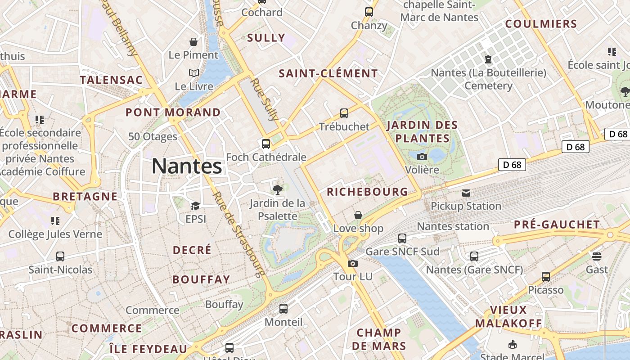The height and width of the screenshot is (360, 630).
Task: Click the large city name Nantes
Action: click(187, 166)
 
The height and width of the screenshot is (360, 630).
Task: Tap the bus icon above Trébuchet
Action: click(344, 113)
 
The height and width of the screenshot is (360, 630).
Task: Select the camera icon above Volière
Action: click(422, 157)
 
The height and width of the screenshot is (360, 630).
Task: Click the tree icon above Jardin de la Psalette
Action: click(278, 189)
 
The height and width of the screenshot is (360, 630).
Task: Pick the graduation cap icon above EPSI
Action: click(195, 206)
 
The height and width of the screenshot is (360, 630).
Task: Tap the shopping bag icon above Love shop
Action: click(358, 215)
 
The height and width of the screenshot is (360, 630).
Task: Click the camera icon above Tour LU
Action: click(353, 263)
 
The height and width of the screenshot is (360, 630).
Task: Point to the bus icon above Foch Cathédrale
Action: click(266, 144)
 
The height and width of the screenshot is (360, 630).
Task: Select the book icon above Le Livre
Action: click(193, 73)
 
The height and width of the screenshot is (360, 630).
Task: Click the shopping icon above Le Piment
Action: click(193, 42)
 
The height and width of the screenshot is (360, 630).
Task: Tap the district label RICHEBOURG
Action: click(367, 192)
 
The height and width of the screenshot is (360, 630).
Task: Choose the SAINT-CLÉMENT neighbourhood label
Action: click(328, 73)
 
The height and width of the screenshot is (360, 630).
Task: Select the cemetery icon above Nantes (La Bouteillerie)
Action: click(488, 59)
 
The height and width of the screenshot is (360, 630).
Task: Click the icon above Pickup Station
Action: click(466, 193)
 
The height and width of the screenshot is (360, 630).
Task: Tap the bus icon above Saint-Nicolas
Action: click(60, 256)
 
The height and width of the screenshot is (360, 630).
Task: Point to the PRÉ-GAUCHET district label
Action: click(557, 224)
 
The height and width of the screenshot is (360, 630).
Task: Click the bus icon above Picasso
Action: click(546, 277)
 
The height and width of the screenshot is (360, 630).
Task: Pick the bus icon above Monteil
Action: click(283, 309)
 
